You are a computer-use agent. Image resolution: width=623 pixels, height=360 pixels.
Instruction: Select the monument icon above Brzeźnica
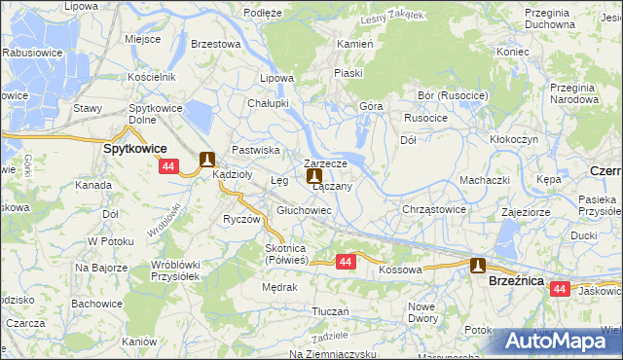point(478,265)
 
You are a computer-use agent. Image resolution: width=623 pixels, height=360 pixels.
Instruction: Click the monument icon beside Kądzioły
point(206,159)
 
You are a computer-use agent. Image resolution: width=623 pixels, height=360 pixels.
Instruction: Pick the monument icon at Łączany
point(314,177)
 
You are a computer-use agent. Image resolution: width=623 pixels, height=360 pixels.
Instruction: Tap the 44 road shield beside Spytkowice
point(168,167)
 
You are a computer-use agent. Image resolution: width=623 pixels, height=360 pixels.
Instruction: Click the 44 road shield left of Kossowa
point(346,262)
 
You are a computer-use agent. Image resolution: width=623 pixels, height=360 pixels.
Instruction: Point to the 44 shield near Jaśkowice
point(559,289)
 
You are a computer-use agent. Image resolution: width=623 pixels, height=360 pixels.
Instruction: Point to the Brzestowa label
point(215,44)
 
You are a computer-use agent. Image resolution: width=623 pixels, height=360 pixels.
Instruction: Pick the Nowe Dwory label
point(422,312)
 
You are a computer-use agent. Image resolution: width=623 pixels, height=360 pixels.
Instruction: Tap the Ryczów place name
point(240,219)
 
